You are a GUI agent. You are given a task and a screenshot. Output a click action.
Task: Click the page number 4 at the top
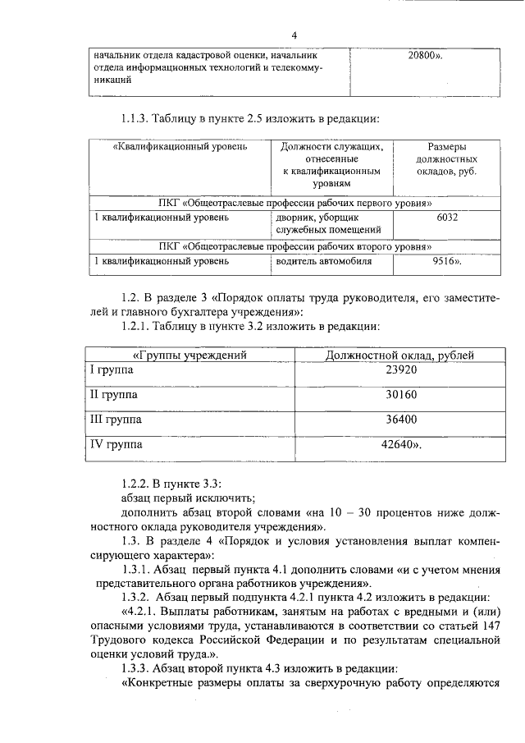(x=294, y=34)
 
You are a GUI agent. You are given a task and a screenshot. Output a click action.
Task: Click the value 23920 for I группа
(x=400, y=370)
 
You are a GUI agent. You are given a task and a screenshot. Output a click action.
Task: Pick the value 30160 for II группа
(x=400, y=395)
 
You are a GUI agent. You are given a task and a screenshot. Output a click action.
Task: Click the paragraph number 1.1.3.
(x=137, y=118)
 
